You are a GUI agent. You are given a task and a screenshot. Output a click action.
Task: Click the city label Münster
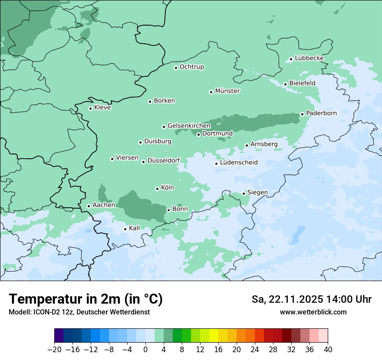click(227, 91)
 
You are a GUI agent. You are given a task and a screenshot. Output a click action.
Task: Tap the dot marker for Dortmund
click(198, 134)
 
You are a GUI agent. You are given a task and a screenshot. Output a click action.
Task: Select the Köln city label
click(168, 188)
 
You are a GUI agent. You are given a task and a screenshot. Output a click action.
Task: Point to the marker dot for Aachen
click(89, 206)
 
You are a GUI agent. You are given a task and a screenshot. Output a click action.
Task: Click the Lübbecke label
click(309, 58)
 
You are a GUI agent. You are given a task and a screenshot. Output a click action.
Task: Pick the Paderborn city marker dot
click(302, 115)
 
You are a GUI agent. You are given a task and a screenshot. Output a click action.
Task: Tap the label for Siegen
click(257, 193)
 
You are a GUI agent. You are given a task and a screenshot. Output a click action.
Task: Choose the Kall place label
click(135, 228)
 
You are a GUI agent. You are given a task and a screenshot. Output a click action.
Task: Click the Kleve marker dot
click(90, 108)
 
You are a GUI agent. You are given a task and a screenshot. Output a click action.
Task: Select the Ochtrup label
click(192, 67)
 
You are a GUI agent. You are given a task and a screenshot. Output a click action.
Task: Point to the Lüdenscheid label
click(239, 163)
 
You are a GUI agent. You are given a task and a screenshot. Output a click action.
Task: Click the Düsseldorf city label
click(164, 161)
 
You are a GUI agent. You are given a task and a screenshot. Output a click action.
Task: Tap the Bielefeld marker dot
click(285, 84)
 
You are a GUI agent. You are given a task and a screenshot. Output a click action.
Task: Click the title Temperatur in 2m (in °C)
click(86, 299)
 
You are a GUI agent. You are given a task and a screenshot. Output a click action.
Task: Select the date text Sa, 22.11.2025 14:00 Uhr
click(311, 299)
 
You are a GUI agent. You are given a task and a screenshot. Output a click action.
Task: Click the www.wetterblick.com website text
click(313, 312)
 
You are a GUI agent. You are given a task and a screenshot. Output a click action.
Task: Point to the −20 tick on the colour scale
click(55, 350)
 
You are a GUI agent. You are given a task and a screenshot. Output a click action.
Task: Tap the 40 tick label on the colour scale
click(328, 350)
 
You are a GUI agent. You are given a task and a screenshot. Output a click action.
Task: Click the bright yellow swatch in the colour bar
click(214, 336)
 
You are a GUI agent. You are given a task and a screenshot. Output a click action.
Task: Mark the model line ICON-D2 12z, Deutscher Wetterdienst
click(79, 312)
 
